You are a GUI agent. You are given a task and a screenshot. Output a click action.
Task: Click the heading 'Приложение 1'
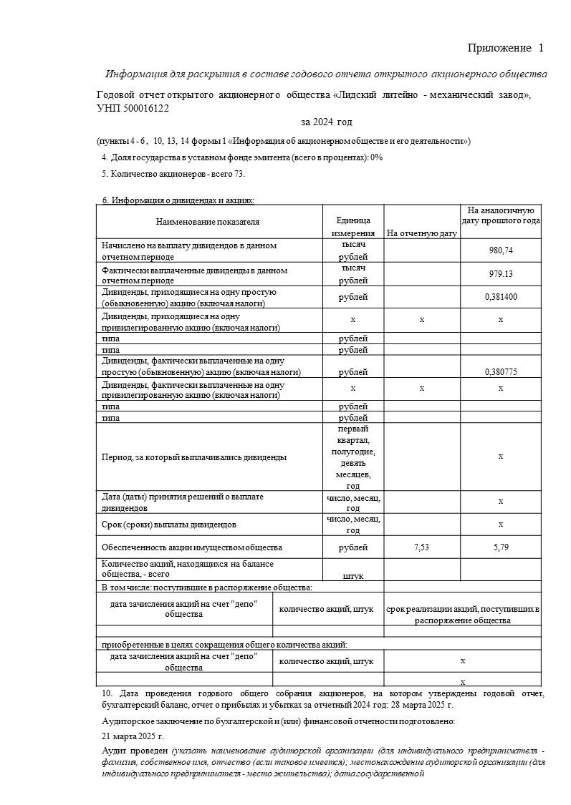(505, 48)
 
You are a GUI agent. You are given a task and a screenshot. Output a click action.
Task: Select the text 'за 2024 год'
(327, 122)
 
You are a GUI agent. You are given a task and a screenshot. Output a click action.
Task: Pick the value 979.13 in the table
(500, 274)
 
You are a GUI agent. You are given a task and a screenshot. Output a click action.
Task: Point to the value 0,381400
(500, 297)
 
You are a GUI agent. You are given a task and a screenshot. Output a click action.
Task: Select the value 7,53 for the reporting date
(422, 547)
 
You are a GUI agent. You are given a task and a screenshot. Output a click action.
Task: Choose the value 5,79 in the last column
(500, 547)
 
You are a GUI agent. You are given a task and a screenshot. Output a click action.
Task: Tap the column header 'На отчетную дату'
(421, 233)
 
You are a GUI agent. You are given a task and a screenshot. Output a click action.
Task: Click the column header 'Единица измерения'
(353, 227)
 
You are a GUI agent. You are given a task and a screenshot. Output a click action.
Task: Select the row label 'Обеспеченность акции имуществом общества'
(192, 547)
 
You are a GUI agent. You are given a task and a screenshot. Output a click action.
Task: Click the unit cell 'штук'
(353, 575)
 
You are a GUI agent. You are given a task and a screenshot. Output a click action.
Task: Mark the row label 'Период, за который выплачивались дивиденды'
(195, 457)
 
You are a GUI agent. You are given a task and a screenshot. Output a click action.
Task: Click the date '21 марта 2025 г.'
(133, 736)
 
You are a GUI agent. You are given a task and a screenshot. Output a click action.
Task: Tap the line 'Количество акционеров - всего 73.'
(174, 174)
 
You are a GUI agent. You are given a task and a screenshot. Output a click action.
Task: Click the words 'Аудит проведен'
(135, 750)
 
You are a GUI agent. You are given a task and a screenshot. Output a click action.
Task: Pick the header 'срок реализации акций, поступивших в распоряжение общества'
(462, 614)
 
